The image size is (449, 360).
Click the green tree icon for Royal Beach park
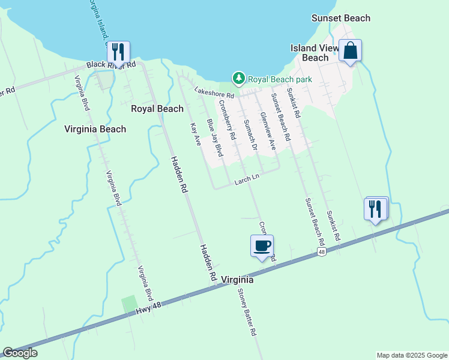click(239, 78)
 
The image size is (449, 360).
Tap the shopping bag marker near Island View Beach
click(350, 50)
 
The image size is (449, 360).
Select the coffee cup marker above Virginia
click(262, 246)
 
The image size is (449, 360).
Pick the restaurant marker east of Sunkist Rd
click(376, 209)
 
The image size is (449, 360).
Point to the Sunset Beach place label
click(341, 18)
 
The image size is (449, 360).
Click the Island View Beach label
click(315, 53)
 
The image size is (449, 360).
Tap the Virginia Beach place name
click(95, 129)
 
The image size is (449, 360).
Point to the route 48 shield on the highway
click(322, 253)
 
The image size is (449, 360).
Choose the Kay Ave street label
click(195, 134)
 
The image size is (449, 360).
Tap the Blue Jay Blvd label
click(214, 138)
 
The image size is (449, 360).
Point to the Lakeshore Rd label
click(214, 92)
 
